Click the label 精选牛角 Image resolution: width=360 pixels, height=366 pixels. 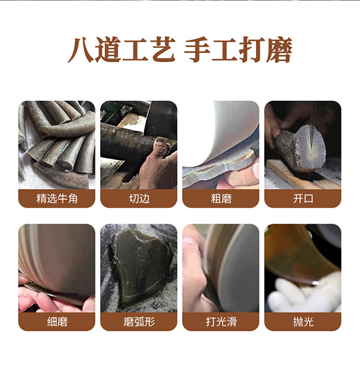(56, 198)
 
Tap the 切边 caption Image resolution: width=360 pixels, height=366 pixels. (138, 198)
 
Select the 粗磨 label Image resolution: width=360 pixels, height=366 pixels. (220, 198)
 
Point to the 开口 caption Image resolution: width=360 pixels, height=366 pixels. (303, 198)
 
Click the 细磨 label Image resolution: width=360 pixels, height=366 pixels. (56, 322)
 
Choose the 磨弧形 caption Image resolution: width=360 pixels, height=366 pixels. (138, 322)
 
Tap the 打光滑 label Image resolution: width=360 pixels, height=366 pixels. (220, 322)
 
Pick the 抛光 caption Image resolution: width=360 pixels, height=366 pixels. (303, 322)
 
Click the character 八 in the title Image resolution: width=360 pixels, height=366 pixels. (80, 51)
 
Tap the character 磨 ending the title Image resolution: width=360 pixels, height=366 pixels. (279, 51)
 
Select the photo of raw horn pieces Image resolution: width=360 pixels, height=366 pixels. (56, 144)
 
